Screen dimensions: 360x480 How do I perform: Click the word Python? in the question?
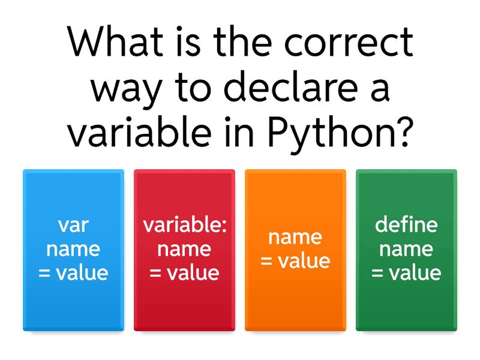pos(341,134)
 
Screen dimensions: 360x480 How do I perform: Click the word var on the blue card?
pos(73,226)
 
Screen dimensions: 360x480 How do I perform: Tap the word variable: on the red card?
pos(184,226)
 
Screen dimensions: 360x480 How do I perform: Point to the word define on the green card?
pos(406,226)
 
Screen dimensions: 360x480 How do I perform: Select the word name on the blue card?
pos(73,249)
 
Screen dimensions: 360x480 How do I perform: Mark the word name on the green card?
pos(406,249)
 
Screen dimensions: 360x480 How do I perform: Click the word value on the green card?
pos(415,273)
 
